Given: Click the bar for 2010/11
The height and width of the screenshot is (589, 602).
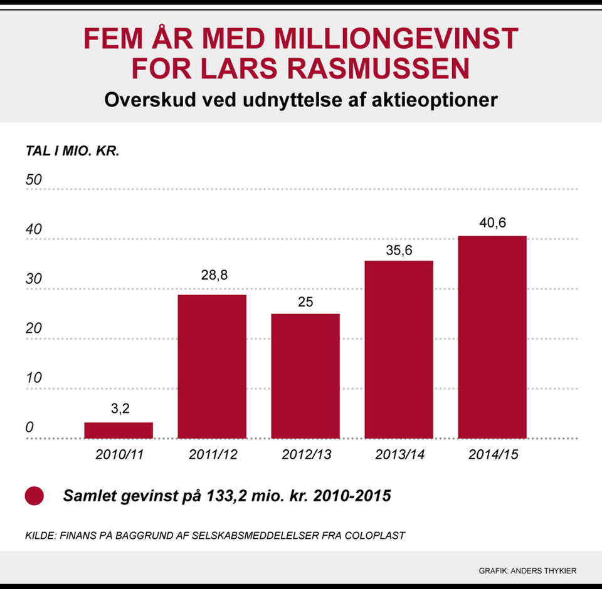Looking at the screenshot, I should pos(119,430).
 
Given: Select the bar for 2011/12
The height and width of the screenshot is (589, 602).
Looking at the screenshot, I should pos(212,367).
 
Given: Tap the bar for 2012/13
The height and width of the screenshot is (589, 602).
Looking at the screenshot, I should pos(305,376).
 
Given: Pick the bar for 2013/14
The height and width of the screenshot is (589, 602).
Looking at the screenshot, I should pos(399,350).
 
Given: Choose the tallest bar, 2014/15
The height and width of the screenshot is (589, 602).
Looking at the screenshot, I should pos(492,337).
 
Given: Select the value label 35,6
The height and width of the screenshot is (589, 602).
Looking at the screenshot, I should pos(399,249).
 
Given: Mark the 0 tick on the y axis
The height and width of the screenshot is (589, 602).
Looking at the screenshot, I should pos(29,428).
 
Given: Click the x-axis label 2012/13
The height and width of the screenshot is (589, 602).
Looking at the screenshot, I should pos(305,455).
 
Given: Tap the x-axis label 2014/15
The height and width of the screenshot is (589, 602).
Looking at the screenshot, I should pos(492,455).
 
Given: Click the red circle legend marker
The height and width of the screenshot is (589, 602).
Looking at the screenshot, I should pos(34,496).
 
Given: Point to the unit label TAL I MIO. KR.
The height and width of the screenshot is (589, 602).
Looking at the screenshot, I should pos(72,152).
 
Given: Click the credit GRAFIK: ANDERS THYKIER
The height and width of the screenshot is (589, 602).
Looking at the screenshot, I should pos(527,570).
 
